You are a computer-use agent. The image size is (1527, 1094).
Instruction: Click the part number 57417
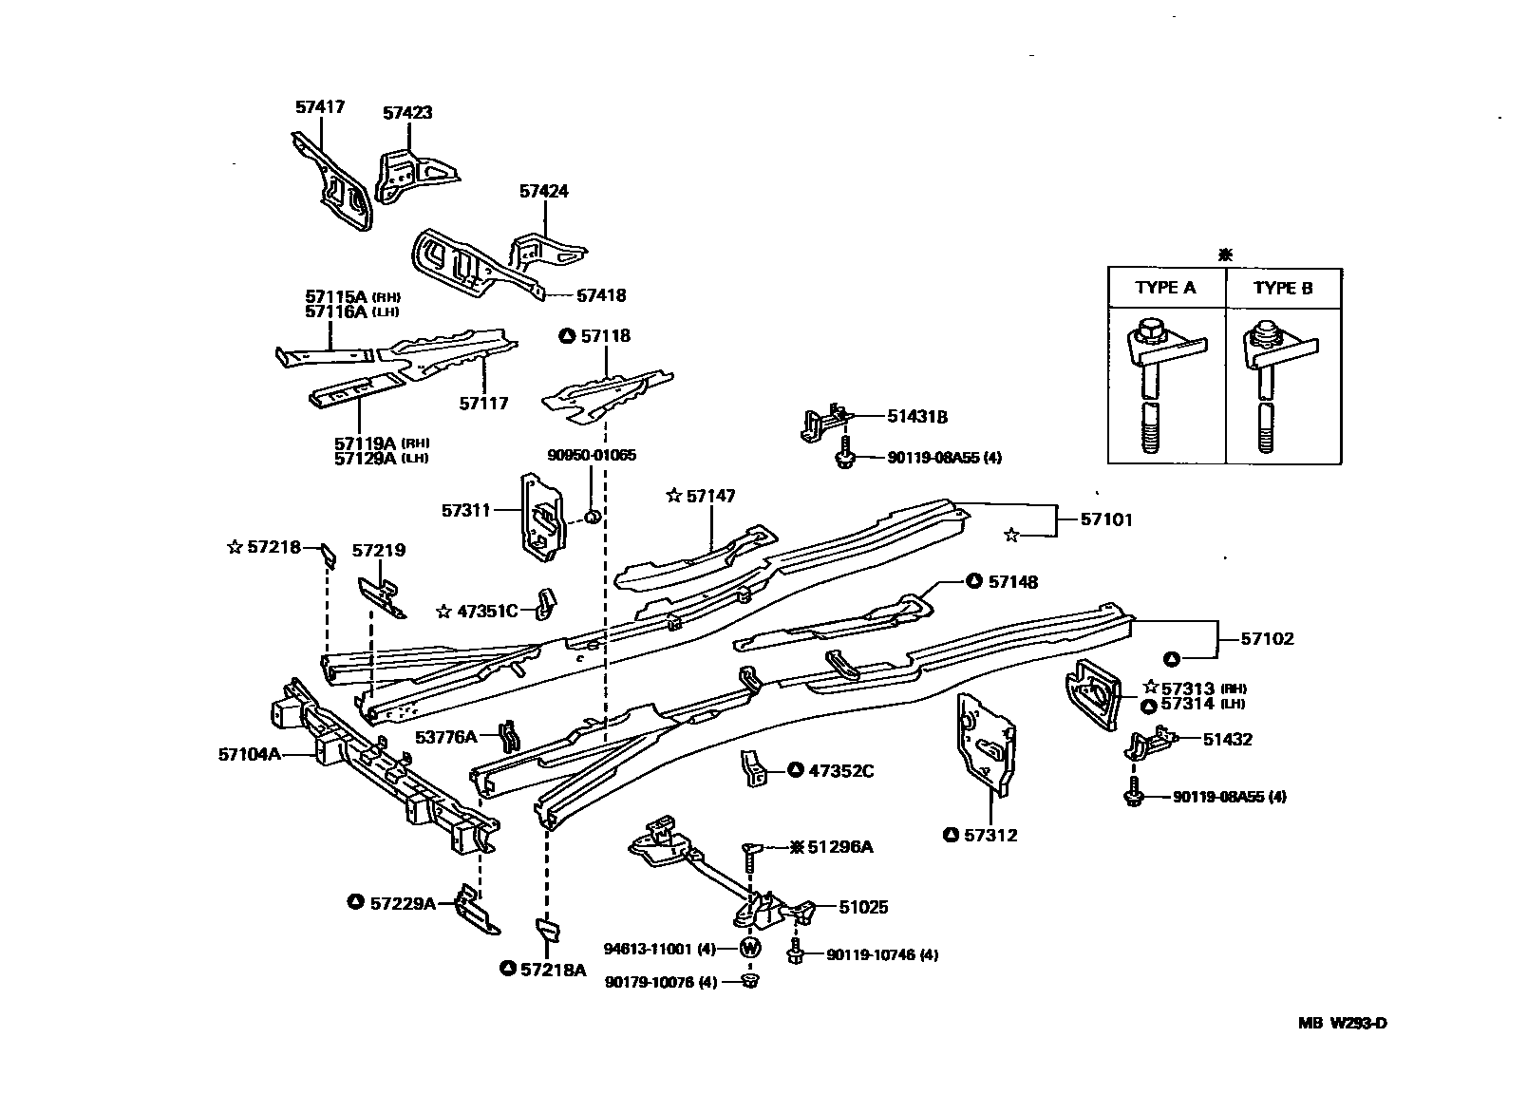(x=319, y=107)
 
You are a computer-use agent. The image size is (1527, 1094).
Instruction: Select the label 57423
(x=407, y=112)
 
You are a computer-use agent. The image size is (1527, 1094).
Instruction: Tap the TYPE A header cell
(x=1165, y=288)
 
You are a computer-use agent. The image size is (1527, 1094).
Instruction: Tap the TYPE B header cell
(x=1283, y=288)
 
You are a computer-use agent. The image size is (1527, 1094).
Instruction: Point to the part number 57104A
(x=249, y=754)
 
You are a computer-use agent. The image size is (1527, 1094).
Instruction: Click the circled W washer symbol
(x=750, y=948)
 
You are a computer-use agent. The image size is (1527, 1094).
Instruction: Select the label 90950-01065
(x=591, y=455)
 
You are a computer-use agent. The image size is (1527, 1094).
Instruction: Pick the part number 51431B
(x=916, y=416)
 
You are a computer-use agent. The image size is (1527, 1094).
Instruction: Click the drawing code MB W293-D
(x=1343, y=1023)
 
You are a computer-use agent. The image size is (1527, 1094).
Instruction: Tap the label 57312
(x=990, y=835)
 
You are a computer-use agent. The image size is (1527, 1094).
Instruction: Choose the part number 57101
(x=1106, y=519)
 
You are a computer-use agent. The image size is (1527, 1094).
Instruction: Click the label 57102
(x=1267, y=638)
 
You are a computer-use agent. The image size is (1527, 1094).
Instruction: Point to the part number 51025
(x=863, y=907)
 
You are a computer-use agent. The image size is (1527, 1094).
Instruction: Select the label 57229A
(x=403, y=902)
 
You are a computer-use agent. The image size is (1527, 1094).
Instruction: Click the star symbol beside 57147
(x=674, y=495)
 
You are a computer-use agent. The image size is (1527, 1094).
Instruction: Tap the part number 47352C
(x=840, y=770)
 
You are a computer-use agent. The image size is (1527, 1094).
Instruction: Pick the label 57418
(x=601, y=295)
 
